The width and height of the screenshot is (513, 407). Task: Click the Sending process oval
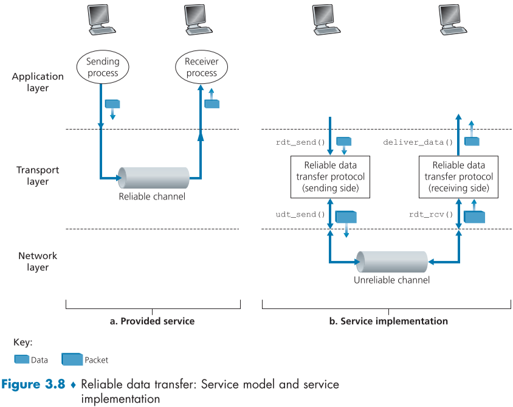coord(102,68)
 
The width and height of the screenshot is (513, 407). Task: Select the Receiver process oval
coord(201,68)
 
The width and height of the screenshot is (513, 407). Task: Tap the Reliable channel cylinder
coord(152,178)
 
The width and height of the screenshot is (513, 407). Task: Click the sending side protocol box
coord(330,177)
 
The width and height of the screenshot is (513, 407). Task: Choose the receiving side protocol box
coord(458,177)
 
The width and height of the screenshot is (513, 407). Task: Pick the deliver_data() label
coord(419,142)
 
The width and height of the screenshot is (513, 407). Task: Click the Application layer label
coord(38,82)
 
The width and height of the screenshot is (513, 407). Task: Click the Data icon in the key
coord(21,359)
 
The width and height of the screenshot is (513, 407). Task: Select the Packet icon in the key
coord(72,359)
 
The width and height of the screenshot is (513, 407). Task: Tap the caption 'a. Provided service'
coord(152,321)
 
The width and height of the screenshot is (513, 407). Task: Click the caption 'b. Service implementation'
coord(388,321)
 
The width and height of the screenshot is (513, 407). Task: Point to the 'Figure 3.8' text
coord(33,384)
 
